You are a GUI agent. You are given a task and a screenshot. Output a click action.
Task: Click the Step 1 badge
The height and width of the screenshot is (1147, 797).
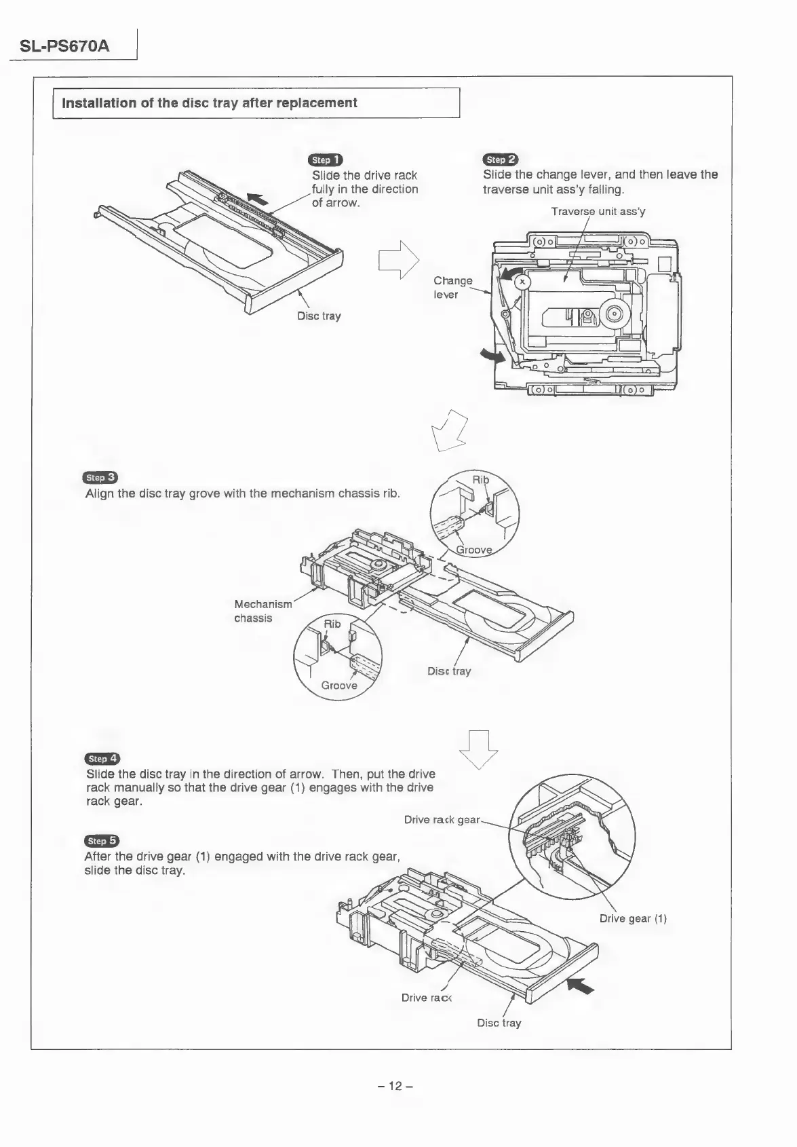[x=325, y=160]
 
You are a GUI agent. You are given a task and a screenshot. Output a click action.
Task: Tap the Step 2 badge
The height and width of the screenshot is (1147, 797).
[x=500, y=159]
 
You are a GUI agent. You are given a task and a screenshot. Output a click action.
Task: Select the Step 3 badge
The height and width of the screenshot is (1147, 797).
[x=100, y=478]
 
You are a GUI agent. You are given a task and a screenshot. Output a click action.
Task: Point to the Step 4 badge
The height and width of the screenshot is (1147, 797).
[x=102, y=759]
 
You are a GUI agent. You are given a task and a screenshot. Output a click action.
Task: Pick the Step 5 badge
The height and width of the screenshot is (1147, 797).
[x=101, y=842]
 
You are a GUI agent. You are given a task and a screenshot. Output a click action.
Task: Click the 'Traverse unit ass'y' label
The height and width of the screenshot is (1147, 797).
[x=598, y=211]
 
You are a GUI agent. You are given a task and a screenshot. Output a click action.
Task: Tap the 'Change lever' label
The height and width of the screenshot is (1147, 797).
[x=452, y=287]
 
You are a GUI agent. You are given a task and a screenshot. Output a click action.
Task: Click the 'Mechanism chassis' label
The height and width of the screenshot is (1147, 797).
[x=263, y=611]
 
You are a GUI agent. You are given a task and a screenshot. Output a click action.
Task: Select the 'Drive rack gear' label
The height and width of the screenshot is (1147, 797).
[x=442, y=820]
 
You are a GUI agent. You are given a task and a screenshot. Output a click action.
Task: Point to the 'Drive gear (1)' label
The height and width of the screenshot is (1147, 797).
[x=633, y=919]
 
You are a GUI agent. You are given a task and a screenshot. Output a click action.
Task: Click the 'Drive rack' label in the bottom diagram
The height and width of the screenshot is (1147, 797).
[x=426, y=998]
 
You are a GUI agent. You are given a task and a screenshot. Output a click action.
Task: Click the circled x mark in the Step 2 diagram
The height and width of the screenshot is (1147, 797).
[x=522, y=282]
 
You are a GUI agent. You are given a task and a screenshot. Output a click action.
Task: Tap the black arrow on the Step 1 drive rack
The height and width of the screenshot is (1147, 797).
[x=258, y=198]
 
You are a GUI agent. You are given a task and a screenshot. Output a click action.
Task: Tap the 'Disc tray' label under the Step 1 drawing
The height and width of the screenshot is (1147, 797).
[x=319, y=316]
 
